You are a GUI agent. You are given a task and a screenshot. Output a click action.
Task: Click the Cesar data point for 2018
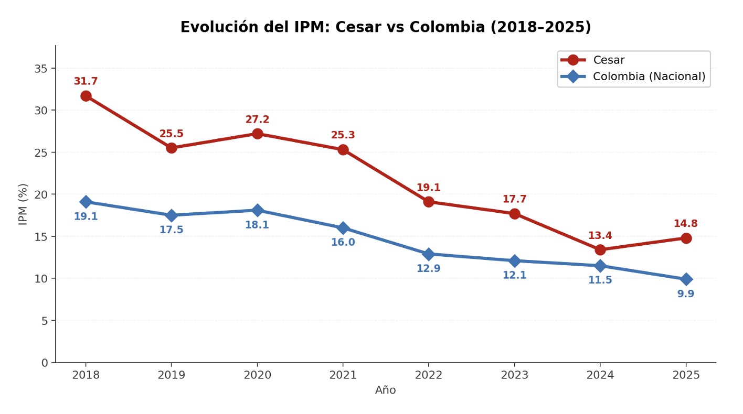86,96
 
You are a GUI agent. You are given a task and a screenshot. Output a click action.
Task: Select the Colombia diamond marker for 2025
686,279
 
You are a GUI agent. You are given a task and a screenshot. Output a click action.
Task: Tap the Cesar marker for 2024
600,249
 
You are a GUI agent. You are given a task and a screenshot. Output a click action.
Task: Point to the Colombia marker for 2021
343,228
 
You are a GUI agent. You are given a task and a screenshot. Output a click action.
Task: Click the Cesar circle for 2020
257,134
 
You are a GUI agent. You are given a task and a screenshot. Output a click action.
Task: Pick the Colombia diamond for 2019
171,215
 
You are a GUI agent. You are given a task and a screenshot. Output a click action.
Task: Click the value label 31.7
86,82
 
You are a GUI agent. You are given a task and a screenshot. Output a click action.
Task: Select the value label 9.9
685,294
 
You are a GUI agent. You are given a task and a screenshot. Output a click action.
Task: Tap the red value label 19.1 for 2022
428,188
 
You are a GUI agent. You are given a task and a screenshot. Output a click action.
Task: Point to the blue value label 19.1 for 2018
86,216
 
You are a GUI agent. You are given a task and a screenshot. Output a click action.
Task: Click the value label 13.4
600,236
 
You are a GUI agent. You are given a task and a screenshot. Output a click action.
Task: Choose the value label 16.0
343,243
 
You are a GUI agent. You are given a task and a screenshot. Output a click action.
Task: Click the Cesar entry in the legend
609,60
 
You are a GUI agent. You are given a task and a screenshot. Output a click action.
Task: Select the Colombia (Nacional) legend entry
649,77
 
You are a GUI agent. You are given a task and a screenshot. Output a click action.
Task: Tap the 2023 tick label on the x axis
514,375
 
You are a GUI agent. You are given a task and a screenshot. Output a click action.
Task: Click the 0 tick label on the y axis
45,363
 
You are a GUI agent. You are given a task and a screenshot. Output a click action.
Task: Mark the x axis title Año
385,390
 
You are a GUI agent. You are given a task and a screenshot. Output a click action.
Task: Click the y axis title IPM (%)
23,204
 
